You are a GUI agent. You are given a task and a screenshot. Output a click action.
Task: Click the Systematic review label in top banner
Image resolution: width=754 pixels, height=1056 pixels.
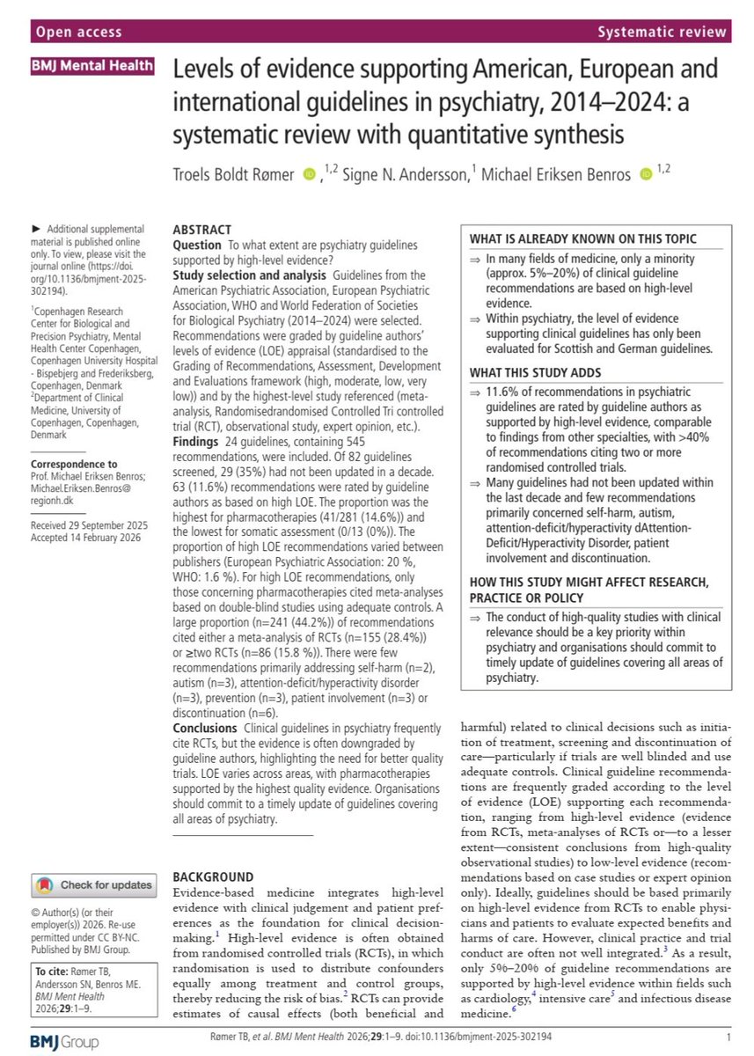(662, 33)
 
